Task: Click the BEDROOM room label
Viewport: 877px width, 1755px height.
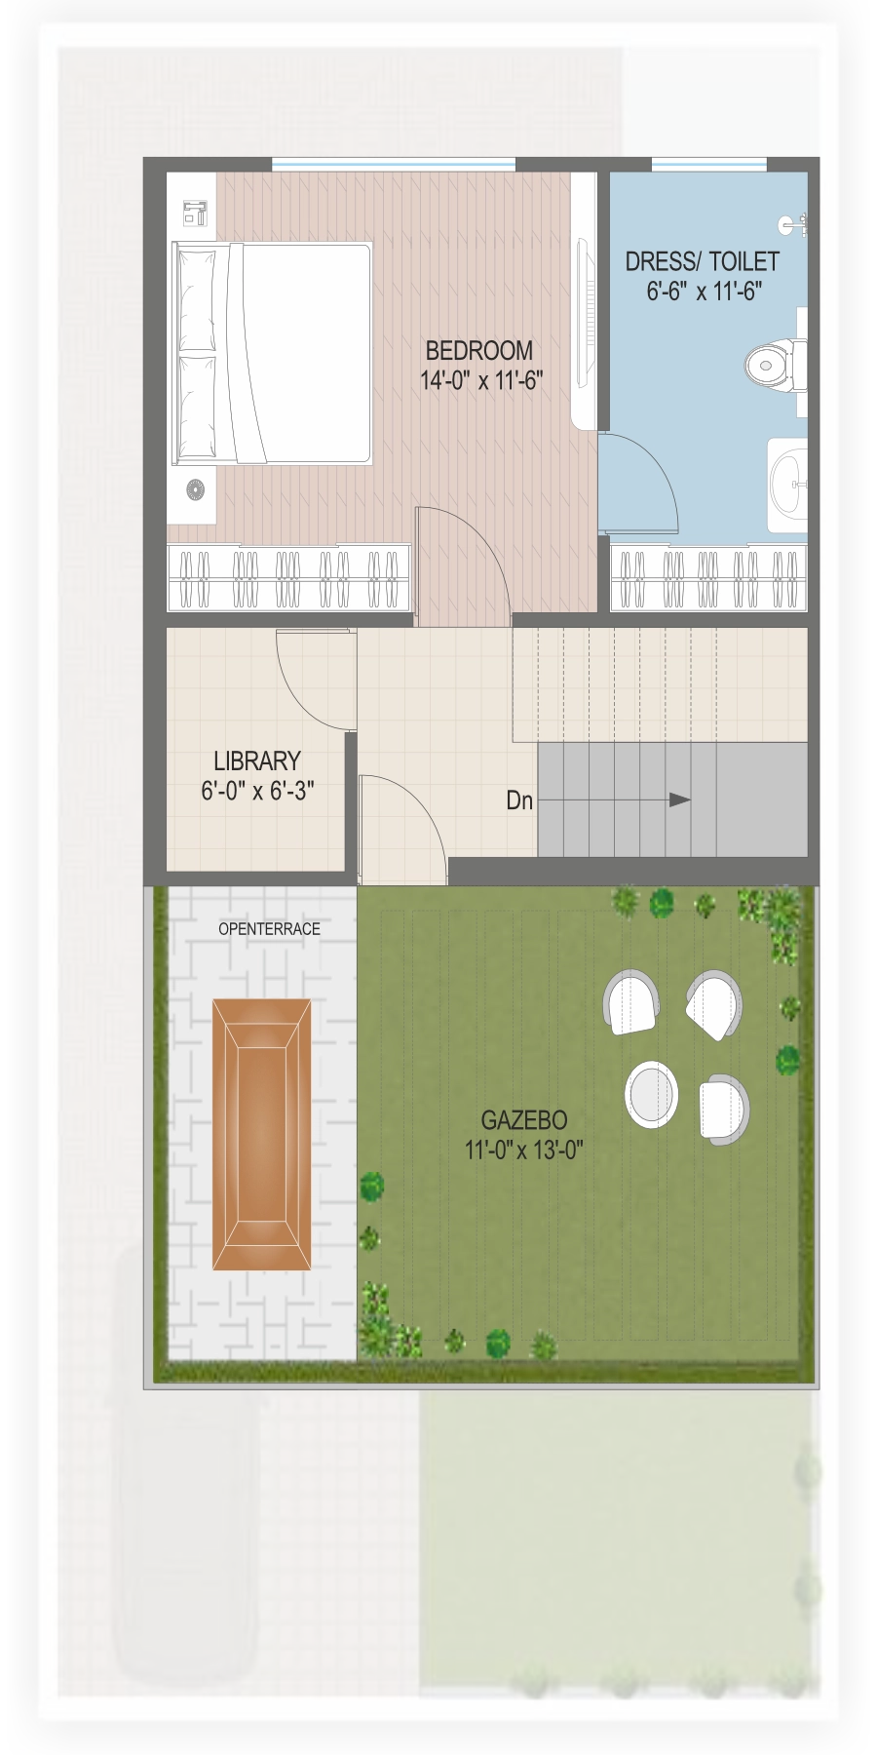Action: coord(478,350)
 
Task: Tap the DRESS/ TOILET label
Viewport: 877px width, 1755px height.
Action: coord(702,261)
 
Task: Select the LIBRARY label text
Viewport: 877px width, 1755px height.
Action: coord(257,760)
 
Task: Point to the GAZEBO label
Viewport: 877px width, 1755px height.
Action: coord(524,1120)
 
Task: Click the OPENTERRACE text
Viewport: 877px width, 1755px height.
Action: coord(269,929)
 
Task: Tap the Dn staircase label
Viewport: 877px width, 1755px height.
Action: coord(519,800)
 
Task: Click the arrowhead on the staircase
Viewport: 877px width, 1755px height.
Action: coord(680,799)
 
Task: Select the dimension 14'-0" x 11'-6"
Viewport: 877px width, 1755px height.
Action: coord(481,380)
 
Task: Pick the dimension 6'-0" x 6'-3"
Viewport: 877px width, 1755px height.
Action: coord(257,791)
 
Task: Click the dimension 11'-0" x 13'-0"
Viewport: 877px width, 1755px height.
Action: coord(524,1150)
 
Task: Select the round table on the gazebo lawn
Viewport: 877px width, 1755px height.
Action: coord(651,1094)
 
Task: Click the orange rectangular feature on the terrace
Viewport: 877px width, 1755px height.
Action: coord(262,1134)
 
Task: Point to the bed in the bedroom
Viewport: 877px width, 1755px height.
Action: coord(272,353)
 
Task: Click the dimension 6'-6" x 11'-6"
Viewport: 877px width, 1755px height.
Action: coord(705,291)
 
